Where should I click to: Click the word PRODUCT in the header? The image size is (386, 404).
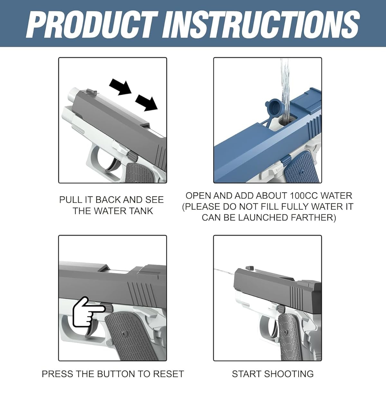pyautogui.click(x=92, y=24)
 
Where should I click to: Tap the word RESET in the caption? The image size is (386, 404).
pyautogui.click(x=168, y=374)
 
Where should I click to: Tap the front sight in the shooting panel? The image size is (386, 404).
pyautogui.click(x=250, y=268)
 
